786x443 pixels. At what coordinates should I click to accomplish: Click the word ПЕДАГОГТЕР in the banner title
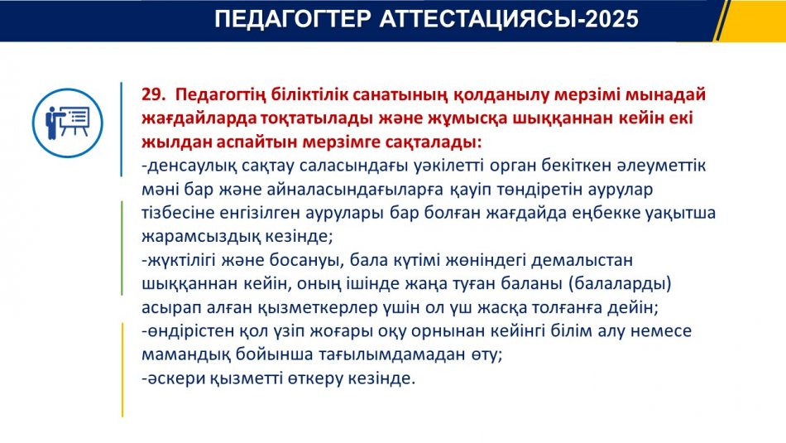[293, 20]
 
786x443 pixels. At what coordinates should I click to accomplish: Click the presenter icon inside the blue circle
[68, 123]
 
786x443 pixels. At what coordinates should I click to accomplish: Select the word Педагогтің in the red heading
[220, 95]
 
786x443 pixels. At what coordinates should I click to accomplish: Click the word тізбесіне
[178, 213]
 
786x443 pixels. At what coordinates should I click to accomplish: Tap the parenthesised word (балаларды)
[620, 284]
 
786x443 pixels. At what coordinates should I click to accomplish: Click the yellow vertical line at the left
[122, 370]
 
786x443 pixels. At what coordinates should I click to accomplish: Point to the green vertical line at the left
[122, 248]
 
